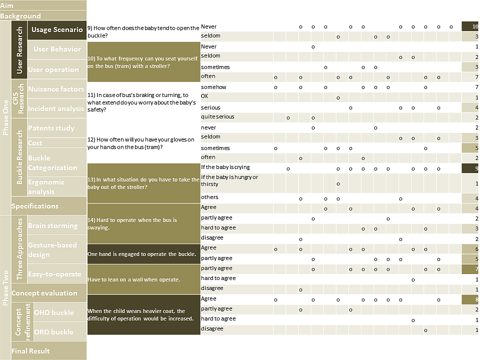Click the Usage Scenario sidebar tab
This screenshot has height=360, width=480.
coord(56,29)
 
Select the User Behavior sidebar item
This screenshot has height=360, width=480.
coord(56,49)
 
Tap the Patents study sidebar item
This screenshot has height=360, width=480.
coord(51,128)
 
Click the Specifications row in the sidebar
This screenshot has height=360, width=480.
coord(35,206)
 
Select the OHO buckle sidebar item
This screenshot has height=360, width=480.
coord(53,312)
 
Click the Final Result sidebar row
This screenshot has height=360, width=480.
coord(31,351)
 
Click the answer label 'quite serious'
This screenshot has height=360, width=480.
coord(217,117)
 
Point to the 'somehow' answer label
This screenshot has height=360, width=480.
coord(213,87)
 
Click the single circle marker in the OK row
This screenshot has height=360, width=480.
coord(338,97)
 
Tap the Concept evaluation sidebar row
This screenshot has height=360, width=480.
coord(44,293)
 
